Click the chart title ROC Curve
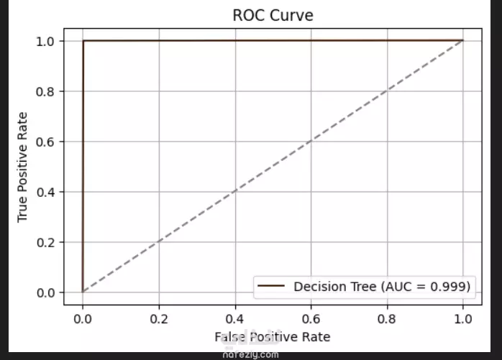click(273, 15)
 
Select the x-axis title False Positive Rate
click(272, 336)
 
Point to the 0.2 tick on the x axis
click(159, 317)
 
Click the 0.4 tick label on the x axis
click(234, 317)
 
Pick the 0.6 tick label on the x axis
click(311, 317)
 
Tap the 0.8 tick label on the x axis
click(387, 317)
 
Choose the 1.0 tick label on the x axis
click(463, 317)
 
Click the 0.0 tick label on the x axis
click(83, 317)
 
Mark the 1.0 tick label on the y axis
click(47, 41)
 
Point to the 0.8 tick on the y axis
click(47, 91)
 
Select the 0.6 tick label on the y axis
click(47, 142)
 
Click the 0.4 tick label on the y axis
click(47, 192)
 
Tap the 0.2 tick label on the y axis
click(47, 242)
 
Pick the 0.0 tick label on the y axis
click(47, 292)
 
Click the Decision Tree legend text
click(382, 287)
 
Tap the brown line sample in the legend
click(272, 287)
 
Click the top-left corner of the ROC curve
click(83, 41)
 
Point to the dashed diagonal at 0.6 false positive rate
click(311, 142)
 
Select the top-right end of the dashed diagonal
click(462, 41)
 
